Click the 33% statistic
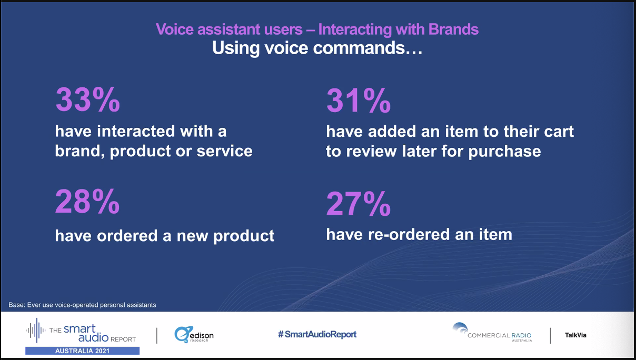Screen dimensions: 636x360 pos(88,99)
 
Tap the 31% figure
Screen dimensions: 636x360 pos(359,101)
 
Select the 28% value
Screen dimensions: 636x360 pos(87,201)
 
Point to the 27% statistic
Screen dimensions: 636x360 pos(359,204)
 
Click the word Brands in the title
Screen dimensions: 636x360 pos(453,29)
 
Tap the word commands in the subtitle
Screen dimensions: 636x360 pos(359,48)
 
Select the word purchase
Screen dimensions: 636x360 pos(504,152)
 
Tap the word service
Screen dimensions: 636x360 pos(225,151)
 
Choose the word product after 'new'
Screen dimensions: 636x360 pos(244,236)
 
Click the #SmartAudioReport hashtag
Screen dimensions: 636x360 pos(317,334)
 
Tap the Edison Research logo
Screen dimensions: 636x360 pos(194,334)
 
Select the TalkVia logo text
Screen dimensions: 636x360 pos(575,335)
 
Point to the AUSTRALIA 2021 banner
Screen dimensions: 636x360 pos(82,351)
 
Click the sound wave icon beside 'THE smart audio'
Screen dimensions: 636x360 pos(36,330)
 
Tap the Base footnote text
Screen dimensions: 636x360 pos(82,305)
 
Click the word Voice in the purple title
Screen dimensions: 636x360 pos(175,29)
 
